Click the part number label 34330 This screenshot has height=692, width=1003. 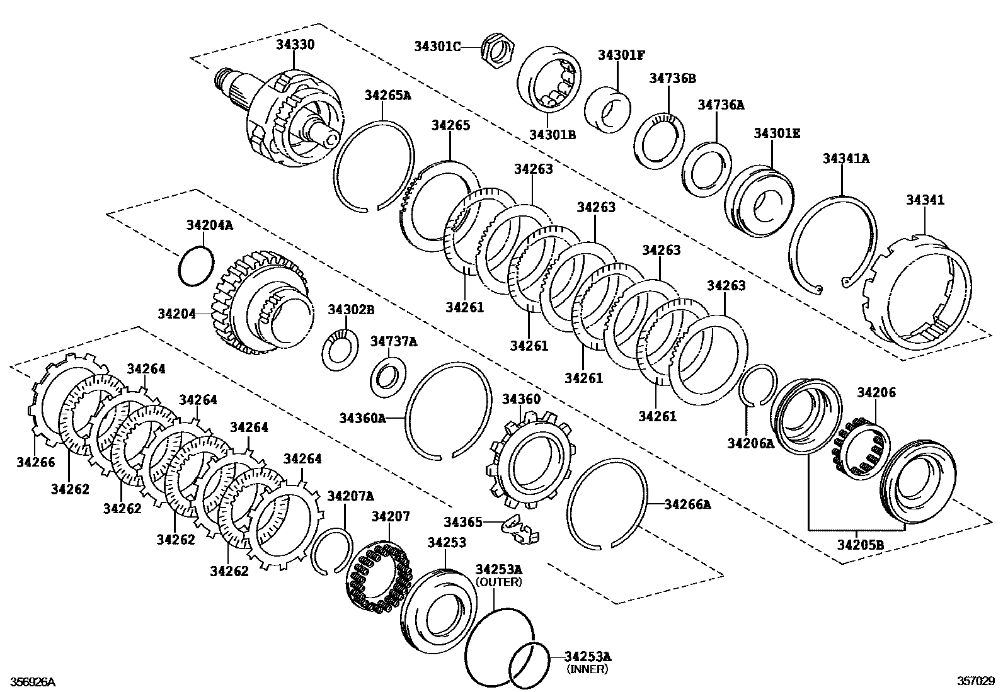[295, 45]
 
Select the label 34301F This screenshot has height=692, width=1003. [621, 55]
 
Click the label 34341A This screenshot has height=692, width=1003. [845, 159]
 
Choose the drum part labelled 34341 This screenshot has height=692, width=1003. [917, 295]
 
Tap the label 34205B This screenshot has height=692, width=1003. [861, 545]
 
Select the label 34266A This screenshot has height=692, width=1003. [687, 504]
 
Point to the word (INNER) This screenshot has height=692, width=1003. [587, 669]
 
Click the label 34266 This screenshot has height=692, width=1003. [36, 462]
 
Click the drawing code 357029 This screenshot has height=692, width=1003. [976, 681]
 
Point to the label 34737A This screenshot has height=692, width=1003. [394, 341]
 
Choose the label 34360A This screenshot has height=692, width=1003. [362, 417]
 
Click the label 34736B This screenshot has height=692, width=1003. [673, 79]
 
